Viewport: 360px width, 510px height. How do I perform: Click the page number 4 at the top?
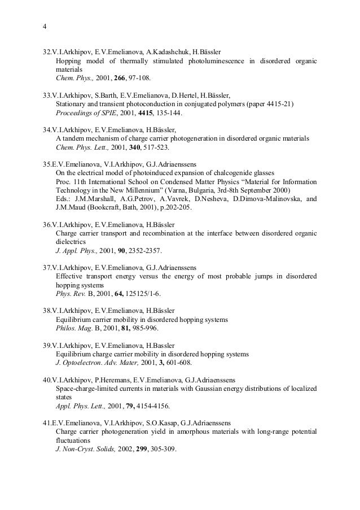[45, 27]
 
